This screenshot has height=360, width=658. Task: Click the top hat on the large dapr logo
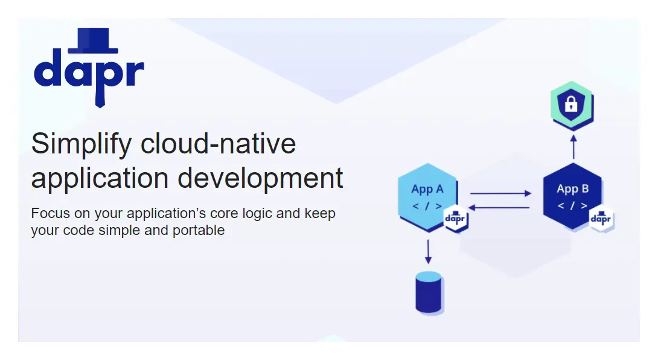(x=93, y=40)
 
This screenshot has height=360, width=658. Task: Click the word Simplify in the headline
(x=81, y=144)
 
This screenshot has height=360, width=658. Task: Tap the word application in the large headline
(x=100, y=179)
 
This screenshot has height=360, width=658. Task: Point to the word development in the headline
(x=260, y=179)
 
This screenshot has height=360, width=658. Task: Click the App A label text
(x=427, y=190)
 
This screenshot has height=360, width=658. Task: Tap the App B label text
(x=572, y=189)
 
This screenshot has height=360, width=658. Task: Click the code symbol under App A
(x=427, y=206)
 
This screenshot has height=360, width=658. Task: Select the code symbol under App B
(x=572, y=206)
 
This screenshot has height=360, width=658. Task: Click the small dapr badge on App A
(x=455, y=218)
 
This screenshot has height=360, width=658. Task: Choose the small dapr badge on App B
(x=601, y=219)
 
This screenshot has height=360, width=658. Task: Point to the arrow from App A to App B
(x=500, y=193)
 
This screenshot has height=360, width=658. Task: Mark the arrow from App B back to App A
(x=499, y=208)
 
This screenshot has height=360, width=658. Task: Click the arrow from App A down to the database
(x=428, y=252)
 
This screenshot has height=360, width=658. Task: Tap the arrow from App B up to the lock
(x=573, y=147)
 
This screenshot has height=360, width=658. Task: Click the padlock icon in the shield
(x=570, y=103)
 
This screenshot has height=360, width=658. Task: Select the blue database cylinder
(x=429, y=292)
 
